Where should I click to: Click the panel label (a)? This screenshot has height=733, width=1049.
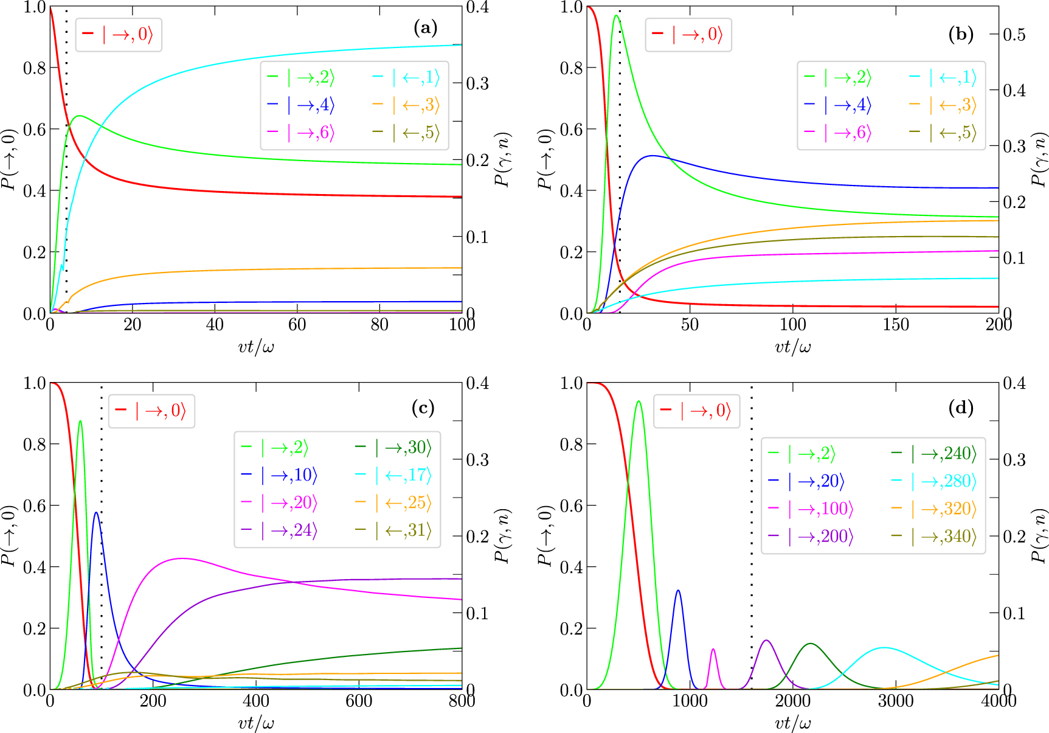pos(425,28)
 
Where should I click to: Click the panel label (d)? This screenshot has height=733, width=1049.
pos(961,408)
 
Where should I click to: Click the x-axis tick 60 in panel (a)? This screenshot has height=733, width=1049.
pos(297,325)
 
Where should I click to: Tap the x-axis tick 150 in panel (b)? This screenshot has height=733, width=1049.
pos(896,325)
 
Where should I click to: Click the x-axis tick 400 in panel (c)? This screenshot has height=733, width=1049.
pos(255,701)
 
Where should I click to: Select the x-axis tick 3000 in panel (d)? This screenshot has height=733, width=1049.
pos(896,701)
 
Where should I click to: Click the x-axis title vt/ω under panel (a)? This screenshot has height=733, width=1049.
pos(255,347)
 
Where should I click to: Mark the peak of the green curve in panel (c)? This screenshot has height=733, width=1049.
pos(80,421)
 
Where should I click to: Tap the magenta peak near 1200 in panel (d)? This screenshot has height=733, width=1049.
pos(713,649)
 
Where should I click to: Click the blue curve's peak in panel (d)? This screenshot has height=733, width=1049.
pos(678,590)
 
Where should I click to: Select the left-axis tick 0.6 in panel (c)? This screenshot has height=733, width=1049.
pos(35,505)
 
